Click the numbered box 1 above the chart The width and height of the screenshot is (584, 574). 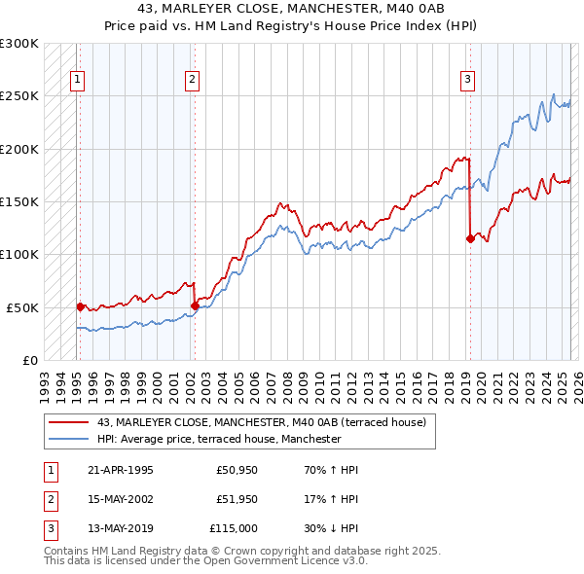77,80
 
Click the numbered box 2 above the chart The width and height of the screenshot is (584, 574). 193,80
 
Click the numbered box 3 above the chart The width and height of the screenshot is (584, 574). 468,80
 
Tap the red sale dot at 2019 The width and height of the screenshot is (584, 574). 470,237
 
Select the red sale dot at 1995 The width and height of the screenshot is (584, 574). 80,305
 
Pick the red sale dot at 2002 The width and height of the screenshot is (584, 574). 195,305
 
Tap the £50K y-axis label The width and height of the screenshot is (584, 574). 23,306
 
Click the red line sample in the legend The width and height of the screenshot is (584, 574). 69,423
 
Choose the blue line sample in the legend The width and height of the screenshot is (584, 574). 69,439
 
